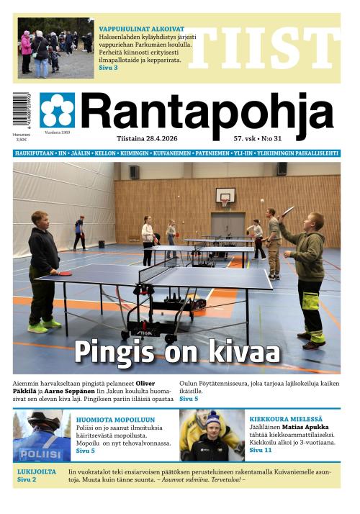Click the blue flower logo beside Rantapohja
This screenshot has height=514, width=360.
pyautogui.click(x=57, y=110)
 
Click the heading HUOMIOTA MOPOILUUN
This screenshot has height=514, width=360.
pyautogui.click(x=115, y=418)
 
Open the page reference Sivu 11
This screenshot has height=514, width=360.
pyautogui.click(x=261, y=450)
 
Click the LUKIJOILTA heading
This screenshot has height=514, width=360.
pyautogui.click(x=37, y=472)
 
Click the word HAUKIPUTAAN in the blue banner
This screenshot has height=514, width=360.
pyautogui.click(x=35, y=153)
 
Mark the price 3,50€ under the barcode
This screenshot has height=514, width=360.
pyautogui.click(x=21, y=140)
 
